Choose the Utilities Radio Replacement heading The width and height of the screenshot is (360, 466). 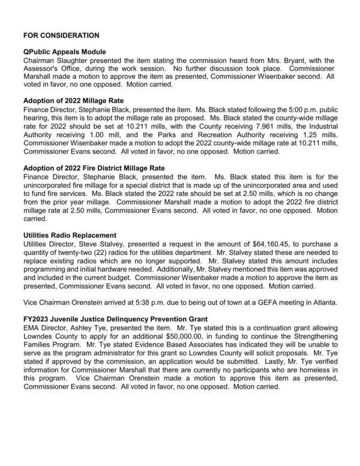(x=69, y=234)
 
